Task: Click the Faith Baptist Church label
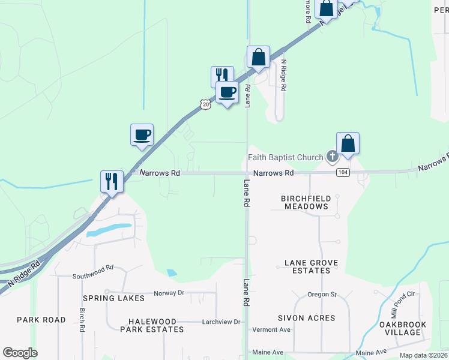286,158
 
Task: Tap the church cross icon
331,157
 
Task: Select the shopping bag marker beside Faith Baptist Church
348,144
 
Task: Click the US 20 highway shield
206,104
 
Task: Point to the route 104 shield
342,173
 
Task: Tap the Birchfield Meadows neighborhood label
305,202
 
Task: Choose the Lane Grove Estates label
312,266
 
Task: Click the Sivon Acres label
306,318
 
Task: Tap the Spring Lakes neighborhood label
113,298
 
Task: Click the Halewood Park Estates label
152,325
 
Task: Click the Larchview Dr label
221,322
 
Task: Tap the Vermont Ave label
271,330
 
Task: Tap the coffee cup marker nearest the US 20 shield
227,93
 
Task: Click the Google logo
20,353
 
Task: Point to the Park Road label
41,320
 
